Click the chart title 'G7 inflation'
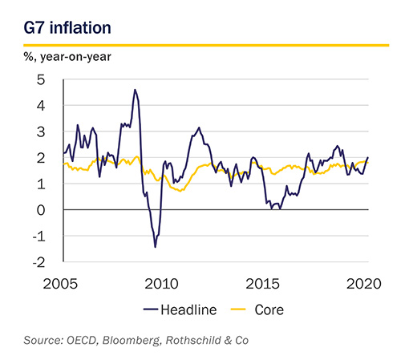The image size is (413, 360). pos(67,27)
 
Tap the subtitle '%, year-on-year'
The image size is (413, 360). pos(67,57)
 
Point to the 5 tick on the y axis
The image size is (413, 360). pos(41,79)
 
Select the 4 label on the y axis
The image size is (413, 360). pos(41,106)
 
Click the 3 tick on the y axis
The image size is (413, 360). pos(41,131)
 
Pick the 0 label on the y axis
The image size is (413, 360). pos(41,210)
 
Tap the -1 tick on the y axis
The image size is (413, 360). pos(39,237)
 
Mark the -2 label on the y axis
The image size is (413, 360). pos(39,262)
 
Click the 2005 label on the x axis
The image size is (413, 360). pos(60,284)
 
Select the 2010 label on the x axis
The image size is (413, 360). pos(161,284)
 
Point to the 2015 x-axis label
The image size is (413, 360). pos(262,284)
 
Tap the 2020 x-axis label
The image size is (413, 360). pos(364,284)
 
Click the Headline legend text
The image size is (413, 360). pos(188,310)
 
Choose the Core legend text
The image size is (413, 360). pos(269,310)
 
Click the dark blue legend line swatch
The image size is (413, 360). pos(151,309)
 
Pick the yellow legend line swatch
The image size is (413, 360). pos(238,309)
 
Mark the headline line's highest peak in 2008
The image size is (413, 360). pos(135,90)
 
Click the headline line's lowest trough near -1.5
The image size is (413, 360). pos(156,247)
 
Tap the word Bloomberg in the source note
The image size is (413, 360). pos(132,341)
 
